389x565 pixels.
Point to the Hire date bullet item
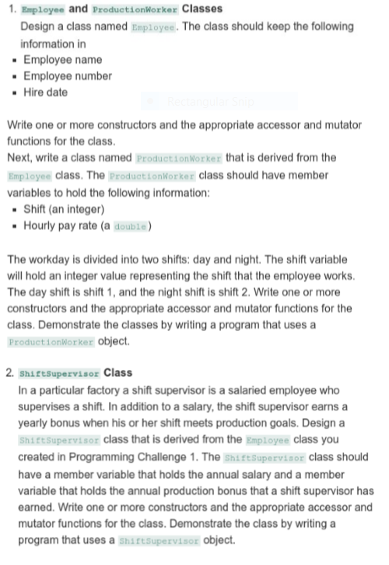tap(47, 92)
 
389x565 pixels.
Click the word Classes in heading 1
tap(202, 9)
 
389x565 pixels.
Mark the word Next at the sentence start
tap(19, 159)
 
